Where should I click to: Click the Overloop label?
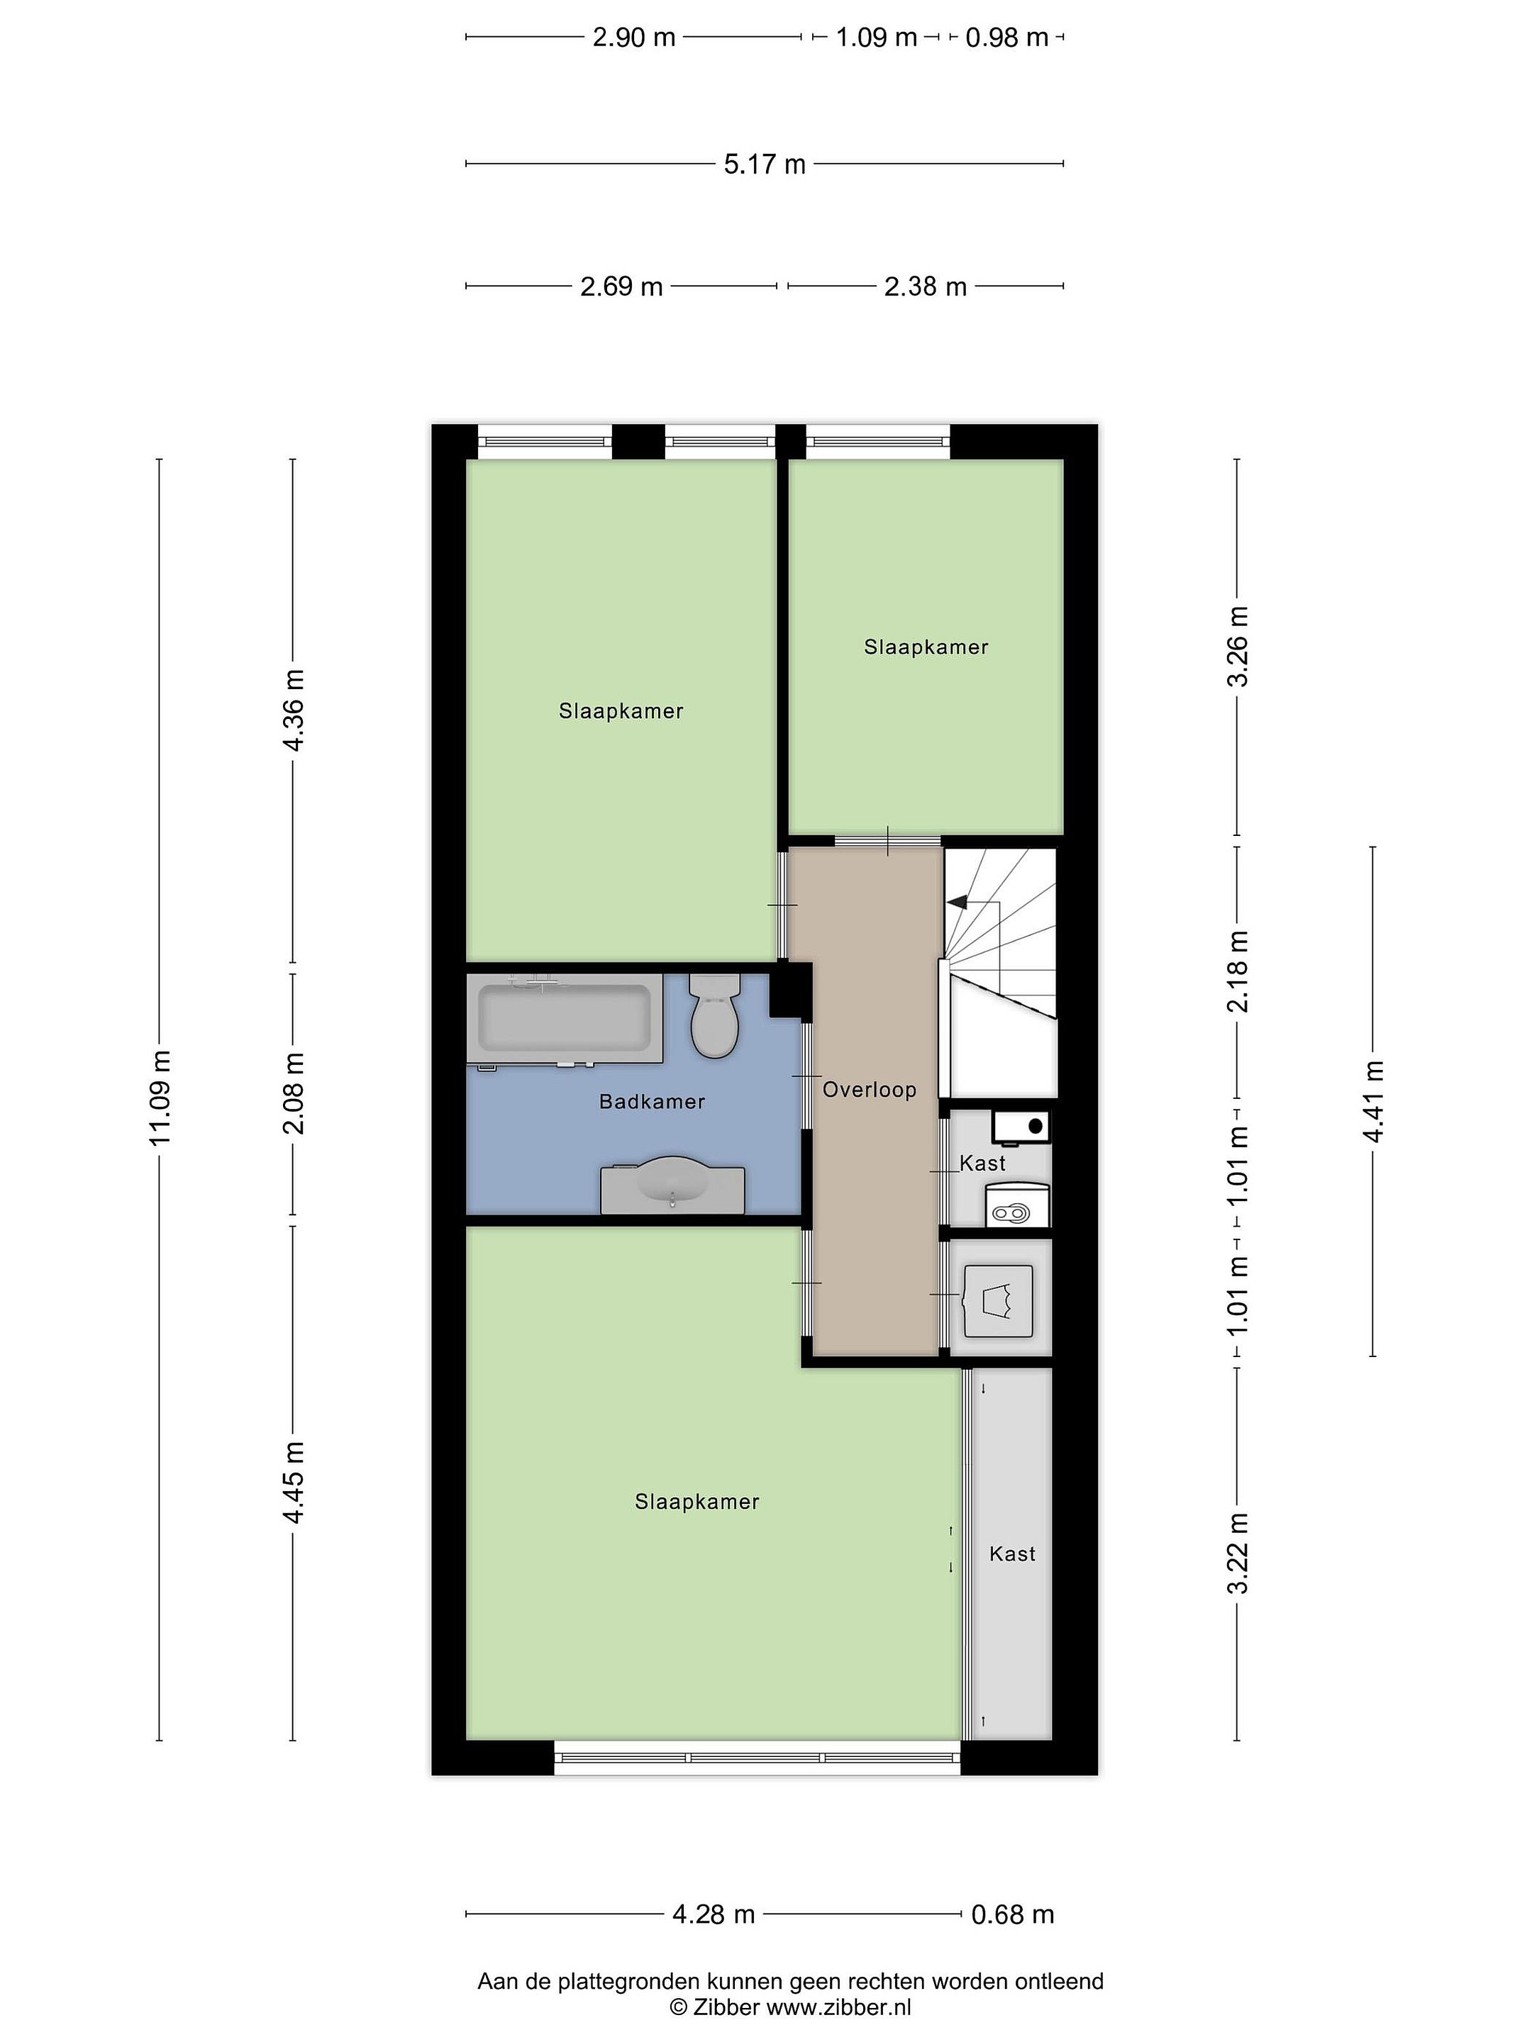pyautogui.click(x=869, y=1089)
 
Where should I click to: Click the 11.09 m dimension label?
pyautogui.click(x=161, y=1098)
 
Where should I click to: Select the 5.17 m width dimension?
pyautogui.click(x=765, y=164)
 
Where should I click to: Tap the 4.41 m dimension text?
pyautogui.click(x=1373, y=1101)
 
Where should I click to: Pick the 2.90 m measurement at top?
pyautogui.click(x=633, y=38)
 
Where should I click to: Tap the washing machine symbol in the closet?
pyautogui.click(x=997, y=1301)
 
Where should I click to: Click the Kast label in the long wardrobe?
pyautogui.click(x=1012, y=1553)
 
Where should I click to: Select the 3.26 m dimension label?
pyautogui.click(x=1238, y=646)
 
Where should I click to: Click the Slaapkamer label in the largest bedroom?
pyautogui.click(x=697, y=1502)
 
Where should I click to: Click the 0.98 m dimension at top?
pyautogui.click(x=1006, y=38)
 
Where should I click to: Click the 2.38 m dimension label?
pyautogui.click(x=926, y=287)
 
